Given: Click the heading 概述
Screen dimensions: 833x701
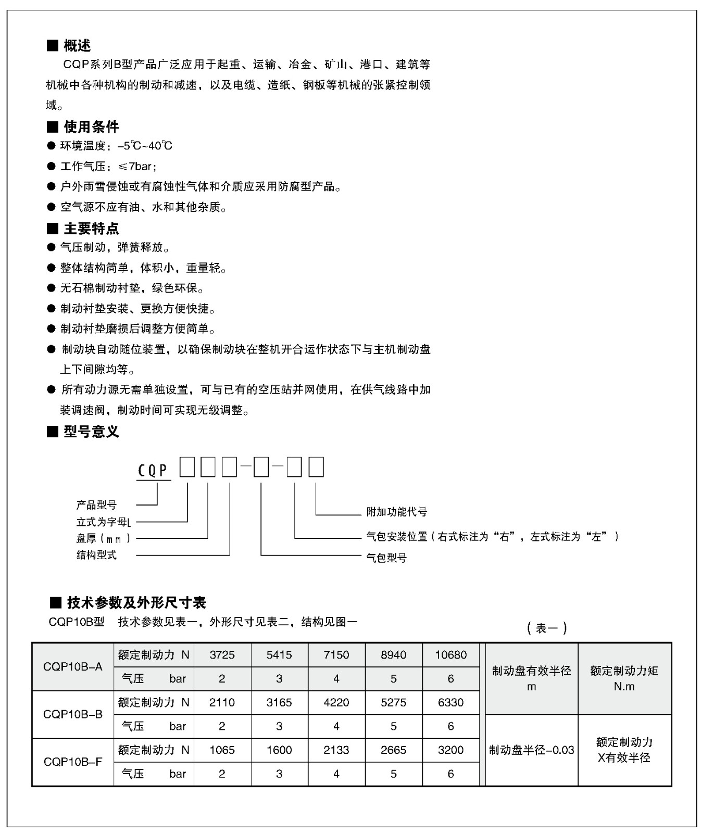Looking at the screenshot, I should point(77,46).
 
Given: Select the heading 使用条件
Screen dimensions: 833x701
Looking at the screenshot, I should point(91,127).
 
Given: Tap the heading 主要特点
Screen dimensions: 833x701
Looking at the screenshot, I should point(91,228).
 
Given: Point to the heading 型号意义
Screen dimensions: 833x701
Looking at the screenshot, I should point(91,431).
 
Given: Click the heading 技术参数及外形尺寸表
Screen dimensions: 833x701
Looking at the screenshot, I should point(136,602).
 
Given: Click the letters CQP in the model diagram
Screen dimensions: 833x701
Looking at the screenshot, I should point(153,471).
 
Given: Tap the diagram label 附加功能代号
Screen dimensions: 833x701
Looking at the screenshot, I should point(397,512).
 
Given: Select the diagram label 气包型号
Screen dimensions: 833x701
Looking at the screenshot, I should point(386,558).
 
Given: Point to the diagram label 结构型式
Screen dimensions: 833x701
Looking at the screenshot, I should point(96,555).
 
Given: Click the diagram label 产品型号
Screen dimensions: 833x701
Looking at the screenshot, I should point(96,504).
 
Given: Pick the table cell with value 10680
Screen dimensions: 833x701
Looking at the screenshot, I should point(450,655).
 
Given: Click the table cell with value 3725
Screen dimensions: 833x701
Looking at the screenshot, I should point(222,655).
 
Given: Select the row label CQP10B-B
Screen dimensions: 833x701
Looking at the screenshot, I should point(73,714).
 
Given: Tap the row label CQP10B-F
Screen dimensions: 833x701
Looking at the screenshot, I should point(73,762).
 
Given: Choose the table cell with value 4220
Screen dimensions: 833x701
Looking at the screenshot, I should point(336,702).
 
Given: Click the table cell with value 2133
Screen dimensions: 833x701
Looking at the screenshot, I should point(336,750).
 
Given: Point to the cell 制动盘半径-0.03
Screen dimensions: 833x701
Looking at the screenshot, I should point(531,750).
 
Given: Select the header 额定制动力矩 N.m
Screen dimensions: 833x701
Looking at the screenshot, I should point(624,678).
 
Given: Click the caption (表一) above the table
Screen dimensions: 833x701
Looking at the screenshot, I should point(547,628).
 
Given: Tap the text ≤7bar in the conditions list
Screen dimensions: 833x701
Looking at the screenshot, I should point(137,167).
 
